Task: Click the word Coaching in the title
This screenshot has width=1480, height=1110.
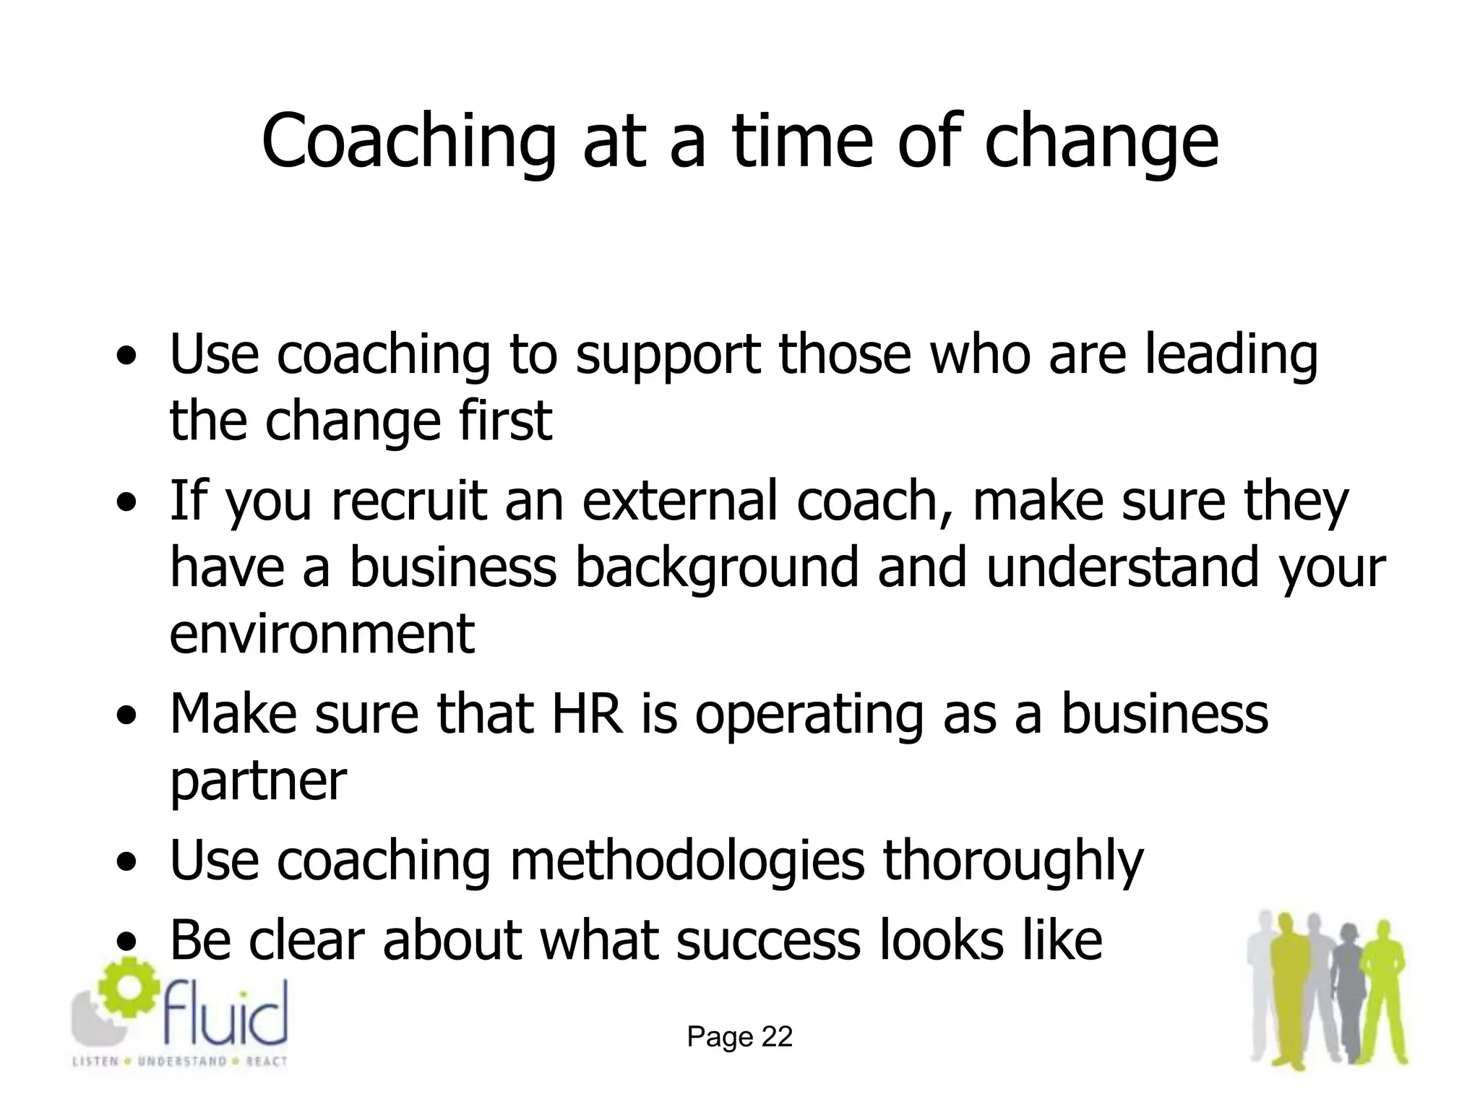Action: pyautogui.click(x=409, y=141)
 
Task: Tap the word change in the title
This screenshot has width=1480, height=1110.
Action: pyautogui.click(x=1101, y=141)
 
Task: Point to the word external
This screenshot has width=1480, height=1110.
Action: pyautogui.click(x=680, y=501)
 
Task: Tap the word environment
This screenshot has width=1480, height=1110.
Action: pyautogui.click(x=322, y=634)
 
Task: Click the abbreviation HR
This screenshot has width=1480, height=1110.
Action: pyautogui.click(x=587, y=714)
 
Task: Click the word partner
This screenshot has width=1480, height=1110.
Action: pyautogui.click(x=258, y=782)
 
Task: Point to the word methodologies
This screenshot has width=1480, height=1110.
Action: pyautogui.click(x=687, y=861)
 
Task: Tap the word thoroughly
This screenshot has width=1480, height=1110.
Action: pyautogui.click(x=1013, y=861)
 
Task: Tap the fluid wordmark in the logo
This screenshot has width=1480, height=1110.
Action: pyautogui.click(x=225, y=1012)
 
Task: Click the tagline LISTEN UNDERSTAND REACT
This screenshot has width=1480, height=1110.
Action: pyautogui.click(x=179, y=1062)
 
